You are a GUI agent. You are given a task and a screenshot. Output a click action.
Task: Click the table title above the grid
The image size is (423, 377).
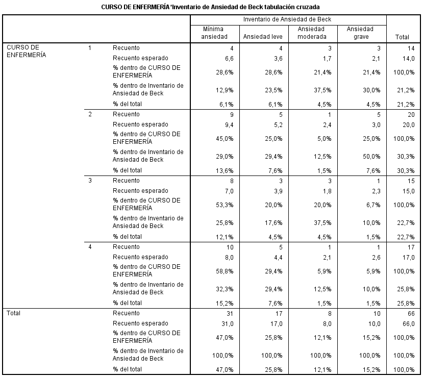(x=210, y=7)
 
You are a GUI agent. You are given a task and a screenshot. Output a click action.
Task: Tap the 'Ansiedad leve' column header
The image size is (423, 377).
(x=263, y=37)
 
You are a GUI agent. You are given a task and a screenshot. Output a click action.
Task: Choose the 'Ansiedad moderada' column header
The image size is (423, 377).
(x=312, y=33)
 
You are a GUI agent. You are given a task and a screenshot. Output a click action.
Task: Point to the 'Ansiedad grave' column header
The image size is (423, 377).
(x=361, y=33)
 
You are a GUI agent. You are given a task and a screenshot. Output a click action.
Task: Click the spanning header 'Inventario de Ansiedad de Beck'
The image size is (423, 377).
(x=287, y=19)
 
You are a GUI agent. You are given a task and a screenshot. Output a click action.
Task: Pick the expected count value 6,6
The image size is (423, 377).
(x=229, y=59)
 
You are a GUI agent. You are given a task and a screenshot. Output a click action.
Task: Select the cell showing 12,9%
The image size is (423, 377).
(x=225, y=90)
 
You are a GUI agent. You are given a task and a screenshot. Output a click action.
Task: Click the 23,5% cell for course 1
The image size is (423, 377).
(x=273, y=90)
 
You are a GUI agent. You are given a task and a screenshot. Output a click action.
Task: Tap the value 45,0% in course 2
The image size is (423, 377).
(x=225, y=139)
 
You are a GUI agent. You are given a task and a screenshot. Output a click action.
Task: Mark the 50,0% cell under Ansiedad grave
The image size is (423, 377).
(x=371, y=157)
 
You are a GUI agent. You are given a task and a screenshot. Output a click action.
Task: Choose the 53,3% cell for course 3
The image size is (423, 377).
(x=225, y=205)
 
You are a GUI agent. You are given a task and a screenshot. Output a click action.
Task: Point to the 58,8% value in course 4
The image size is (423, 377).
(x=225, y=271)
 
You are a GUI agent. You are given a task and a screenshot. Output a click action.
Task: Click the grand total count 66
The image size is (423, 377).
(x=411, y=314)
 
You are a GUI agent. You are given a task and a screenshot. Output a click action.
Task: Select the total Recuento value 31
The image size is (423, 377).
(x=230, y=314)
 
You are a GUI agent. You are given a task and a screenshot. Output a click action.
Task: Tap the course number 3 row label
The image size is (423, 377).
(x=90, y=181)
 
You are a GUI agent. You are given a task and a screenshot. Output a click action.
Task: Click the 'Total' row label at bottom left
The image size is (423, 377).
(x=13, y=313)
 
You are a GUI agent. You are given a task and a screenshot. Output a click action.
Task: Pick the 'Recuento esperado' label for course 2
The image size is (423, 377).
(x=140, y=124)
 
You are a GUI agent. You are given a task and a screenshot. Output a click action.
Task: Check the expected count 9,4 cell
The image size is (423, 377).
(x=229, y=125)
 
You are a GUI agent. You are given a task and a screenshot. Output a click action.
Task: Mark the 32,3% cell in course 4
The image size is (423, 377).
(x=225, y=289)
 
